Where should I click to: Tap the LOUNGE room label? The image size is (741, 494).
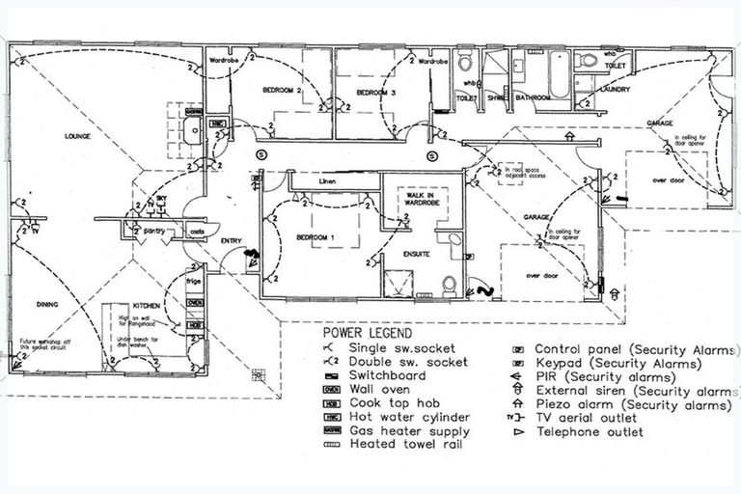78,136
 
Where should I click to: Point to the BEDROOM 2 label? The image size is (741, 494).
283,90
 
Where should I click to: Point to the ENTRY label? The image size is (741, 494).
232,240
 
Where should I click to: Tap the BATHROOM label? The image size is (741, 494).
533,97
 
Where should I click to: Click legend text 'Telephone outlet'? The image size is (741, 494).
588,432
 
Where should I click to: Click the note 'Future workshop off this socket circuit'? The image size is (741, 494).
48,345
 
